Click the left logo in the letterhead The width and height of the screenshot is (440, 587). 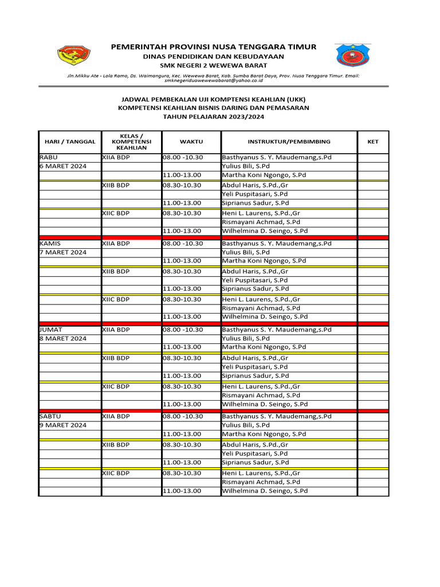point(74,56)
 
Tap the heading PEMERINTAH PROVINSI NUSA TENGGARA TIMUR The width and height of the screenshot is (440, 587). point(213,46)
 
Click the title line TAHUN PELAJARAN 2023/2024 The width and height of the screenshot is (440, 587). point(213,116)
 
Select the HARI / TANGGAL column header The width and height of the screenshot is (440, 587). point(70,141)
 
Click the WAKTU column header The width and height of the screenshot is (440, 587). point(191,141)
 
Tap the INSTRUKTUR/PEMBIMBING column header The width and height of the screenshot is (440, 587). point(289,141)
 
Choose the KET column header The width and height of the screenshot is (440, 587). point(373,141)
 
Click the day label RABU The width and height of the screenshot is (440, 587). point(49,157)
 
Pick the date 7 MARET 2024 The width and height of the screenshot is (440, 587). point(62,252)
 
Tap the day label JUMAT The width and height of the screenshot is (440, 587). point(51,330)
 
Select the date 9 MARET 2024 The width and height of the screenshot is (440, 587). point(62,425)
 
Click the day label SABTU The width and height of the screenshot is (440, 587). point(50,416)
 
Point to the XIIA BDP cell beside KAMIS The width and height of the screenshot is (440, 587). point(116,243)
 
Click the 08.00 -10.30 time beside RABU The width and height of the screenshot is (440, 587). point(183,157)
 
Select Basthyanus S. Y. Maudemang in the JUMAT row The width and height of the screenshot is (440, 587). point(277,330)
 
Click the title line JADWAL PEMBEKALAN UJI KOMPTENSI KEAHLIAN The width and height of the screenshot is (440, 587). point(213,99)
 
